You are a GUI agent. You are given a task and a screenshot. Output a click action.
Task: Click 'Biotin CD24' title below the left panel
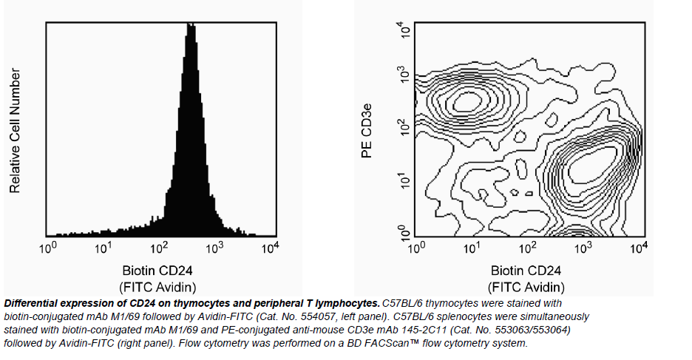click(158, 270)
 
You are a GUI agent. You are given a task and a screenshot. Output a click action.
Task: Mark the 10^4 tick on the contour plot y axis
click(404, 30)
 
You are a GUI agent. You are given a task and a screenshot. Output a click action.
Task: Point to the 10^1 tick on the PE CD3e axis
click(404, 179)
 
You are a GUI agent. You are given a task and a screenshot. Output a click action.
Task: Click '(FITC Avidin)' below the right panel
click(526, 287)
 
